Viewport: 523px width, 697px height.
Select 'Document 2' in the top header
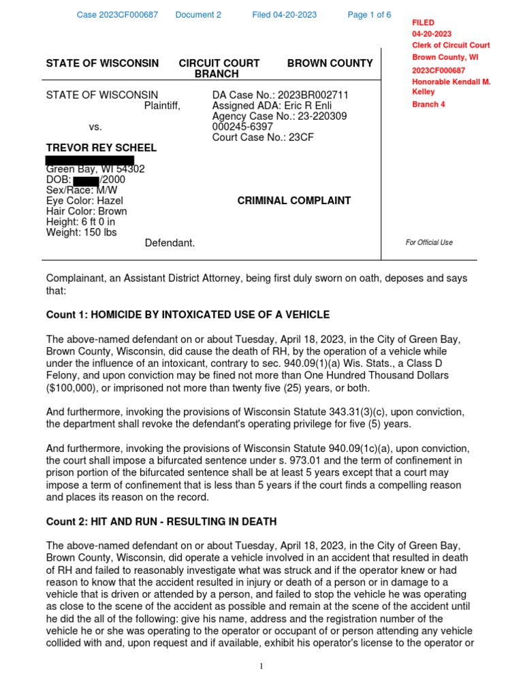198,15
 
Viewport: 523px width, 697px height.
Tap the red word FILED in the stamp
423,22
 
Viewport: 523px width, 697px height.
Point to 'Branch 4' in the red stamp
429,104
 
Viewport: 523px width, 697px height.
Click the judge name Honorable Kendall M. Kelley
450,86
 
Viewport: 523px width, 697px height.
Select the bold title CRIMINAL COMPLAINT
294,201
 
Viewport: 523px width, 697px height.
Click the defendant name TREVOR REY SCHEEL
101,148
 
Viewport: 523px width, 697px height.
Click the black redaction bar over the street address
89,161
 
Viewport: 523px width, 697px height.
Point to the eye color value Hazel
110,201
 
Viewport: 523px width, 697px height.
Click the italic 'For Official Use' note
429,242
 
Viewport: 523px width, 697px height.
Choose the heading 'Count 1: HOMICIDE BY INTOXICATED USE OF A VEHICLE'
187,314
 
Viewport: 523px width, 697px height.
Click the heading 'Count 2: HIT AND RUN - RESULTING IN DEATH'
161,521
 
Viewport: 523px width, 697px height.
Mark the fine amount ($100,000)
74,388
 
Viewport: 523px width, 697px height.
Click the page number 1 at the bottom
261,666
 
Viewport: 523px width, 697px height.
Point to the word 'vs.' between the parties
95,127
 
